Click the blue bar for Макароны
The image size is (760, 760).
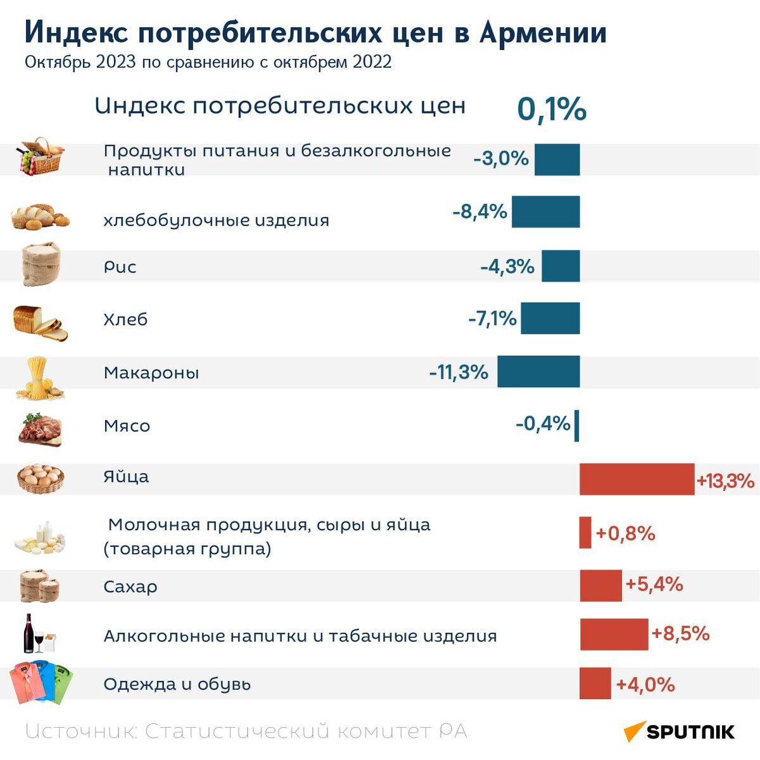pyautogui.click(x=538, y=372)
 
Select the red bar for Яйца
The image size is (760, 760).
pyautogui.click(x=636, y=479)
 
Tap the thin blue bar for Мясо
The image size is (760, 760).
pyautogui.click(x=577, y=425)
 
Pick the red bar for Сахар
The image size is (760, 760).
pyautogui.click(x=600, y=585)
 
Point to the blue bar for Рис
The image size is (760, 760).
pyautogui.click(x=560, y=266)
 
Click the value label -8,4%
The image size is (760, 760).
pyautogui.click(x=479, y=212)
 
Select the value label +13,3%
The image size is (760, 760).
pyautogui.click(x=725, y=481)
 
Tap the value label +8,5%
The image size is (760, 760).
pyautogui.click(x=680, y=633)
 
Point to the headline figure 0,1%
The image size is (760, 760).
pyautogui.click(x=552, y=109)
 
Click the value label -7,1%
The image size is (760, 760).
pyautogui.click(x=492, y=318)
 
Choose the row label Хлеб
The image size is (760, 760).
pyautogui.click(x=125, y=319)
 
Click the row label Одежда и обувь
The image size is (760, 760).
pyautogui.click(x=177, y=684)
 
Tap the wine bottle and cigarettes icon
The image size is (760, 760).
pyautogui.click(x=39, y=634)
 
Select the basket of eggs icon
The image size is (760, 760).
pyautogui.click(x=40, y=478)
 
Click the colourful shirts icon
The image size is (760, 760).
pyautogui.click(x=41, y=682)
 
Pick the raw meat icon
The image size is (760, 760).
pyautogui.click(x=39, y=429)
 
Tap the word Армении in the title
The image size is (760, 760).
pyautogui.click(x=543, y=33)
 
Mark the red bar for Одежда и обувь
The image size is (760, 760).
pyautogui.click(x=595, y=683)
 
